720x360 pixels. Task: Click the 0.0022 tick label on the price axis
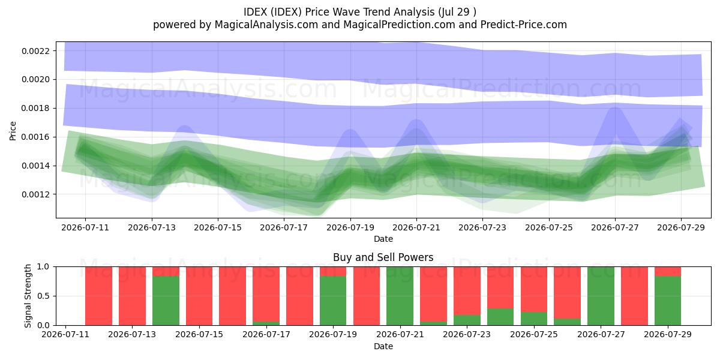pos(35,51)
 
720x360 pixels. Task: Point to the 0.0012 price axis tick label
pos(35,194)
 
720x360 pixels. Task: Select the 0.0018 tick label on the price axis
pos(35,109)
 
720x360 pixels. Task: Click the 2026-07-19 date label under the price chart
pos(350,227)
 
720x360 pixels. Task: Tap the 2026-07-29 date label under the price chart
pos(681,227)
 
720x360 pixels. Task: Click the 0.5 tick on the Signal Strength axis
pos(43,296)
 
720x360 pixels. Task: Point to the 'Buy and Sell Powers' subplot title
pos(383,257)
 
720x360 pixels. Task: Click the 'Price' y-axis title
pos(13,131)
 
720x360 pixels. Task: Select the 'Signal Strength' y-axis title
pos(28,296)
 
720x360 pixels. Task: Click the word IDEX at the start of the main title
pos(255,12)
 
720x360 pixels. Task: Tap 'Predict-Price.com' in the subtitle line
pos(524,25)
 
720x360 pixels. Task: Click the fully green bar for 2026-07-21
pos(400,296)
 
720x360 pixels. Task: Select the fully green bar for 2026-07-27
pos(601,296)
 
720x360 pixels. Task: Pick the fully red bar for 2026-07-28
pos(634,296)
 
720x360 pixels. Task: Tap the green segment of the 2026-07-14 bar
pos(166,301)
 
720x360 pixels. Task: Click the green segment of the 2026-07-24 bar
pos(500,317)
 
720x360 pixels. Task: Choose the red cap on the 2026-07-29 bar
pos(668,271)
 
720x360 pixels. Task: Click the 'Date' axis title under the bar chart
pos(383,346)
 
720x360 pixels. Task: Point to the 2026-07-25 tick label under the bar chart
pos(534,334)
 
